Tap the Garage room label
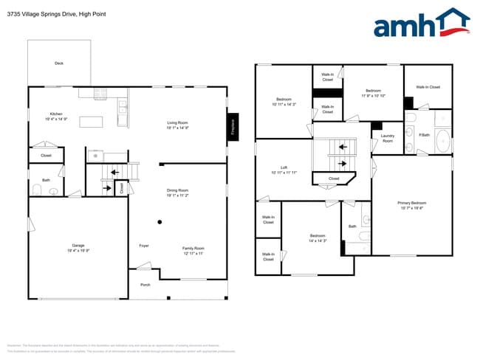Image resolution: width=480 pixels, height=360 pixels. tap(78, 245)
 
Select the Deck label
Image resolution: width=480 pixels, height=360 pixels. tap(59, 63)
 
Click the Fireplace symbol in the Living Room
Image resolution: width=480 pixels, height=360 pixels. tap(232, 126)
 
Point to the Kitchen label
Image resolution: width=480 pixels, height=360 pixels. tap(46, 113)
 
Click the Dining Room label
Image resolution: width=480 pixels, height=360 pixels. tap(177, 190)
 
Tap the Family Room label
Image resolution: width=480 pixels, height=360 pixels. tap(193, 248)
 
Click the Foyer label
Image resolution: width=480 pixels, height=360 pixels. tap(144, 246)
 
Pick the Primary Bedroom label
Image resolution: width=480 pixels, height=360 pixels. tap(412, 203)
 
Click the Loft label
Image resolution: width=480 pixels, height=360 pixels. tap(284, 167)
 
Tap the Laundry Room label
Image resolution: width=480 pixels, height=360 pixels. tap(388, 137)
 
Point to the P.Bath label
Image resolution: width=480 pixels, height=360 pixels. tap(425, 135)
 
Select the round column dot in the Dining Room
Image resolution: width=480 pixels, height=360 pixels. tap(160, 221)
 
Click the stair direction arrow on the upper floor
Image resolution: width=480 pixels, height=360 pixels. tap(342, 163)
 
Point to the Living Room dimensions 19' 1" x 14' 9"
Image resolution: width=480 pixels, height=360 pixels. tap(177, 128)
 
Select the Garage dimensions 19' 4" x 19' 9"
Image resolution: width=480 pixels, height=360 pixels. tap(78, 251)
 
